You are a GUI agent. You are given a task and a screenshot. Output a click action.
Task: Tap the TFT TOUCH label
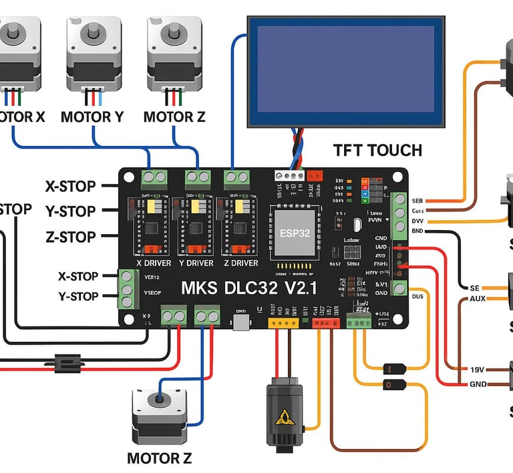[x=378, y=150]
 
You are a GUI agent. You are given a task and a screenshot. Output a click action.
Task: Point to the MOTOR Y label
[x=92, y=117]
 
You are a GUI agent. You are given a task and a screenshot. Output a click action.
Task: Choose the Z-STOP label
[x=70, y=236]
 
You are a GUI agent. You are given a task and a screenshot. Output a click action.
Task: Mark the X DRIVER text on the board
[x=154, y=264]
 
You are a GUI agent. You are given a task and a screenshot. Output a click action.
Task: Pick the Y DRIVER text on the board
[x=196, y=264]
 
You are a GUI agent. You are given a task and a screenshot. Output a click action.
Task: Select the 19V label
[x=477, y=369]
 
